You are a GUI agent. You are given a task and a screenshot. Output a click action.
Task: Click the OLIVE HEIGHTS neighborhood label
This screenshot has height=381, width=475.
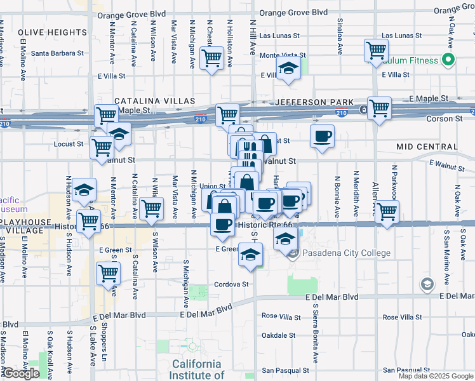point(52,32)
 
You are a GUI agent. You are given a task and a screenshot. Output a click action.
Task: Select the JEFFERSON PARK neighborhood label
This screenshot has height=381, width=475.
point(310,102)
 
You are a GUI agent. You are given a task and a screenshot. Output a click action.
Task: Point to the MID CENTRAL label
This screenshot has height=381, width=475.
point(427,147)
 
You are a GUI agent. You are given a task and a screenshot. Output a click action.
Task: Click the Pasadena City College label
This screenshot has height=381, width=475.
point(347,253)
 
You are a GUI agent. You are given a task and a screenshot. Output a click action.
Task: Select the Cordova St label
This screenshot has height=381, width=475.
point(231,284)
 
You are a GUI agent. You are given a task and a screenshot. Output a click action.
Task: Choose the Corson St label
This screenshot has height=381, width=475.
point(444,119)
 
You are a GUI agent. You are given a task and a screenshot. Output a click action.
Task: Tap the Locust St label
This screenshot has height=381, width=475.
point(70,144)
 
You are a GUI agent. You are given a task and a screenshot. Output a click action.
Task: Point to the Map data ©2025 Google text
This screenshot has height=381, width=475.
point(436,376)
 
